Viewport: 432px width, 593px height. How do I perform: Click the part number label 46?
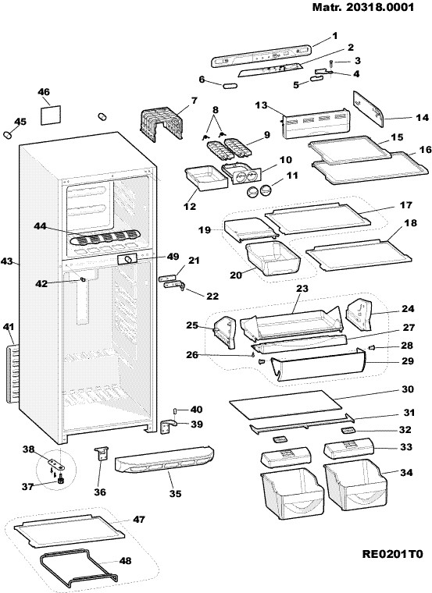(x=44, y=92)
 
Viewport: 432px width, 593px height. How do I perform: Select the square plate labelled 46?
(x=50, y=115)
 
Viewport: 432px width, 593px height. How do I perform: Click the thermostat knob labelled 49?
(x=130, y=259)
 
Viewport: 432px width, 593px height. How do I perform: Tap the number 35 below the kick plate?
(x=175, y=493)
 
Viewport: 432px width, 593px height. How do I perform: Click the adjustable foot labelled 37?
(x=60, y=480)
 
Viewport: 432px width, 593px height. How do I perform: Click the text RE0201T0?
(x=392, y=555)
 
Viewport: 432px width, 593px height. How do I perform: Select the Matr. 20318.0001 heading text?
(x=362, y=7)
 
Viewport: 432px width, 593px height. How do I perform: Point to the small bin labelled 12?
(x=205, y=179)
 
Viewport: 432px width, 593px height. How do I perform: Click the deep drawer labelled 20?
(x=273, y=259)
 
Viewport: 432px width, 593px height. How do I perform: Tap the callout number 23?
(x=302, y=288)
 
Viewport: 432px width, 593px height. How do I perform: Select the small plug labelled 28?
(x=371, y=346)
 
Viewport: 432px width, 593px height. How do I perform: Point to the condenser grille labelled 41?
(x=12, y=374)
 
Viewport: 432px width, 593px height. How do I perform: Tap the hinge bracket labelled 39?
(x=170, y=426)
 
